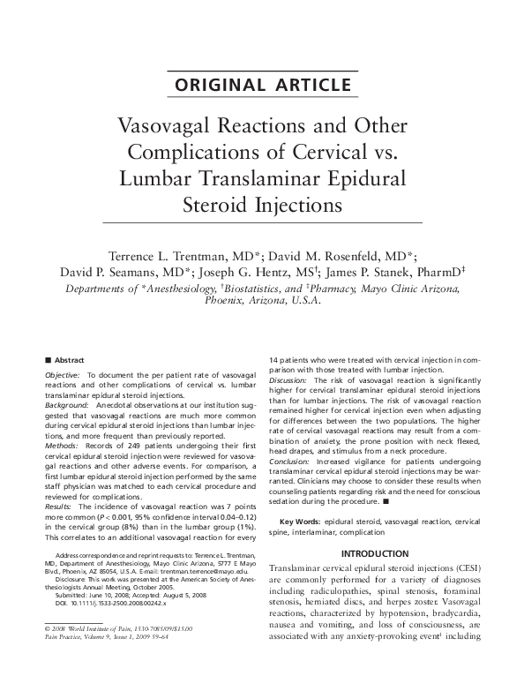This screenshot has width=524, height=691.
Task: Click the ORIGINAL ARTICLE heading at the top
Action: (261, 86)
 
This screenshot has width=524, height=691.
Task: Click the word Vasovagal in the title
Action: (166, 127)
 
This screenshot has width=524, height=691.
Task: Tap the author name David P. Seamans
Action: (110, 269)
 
